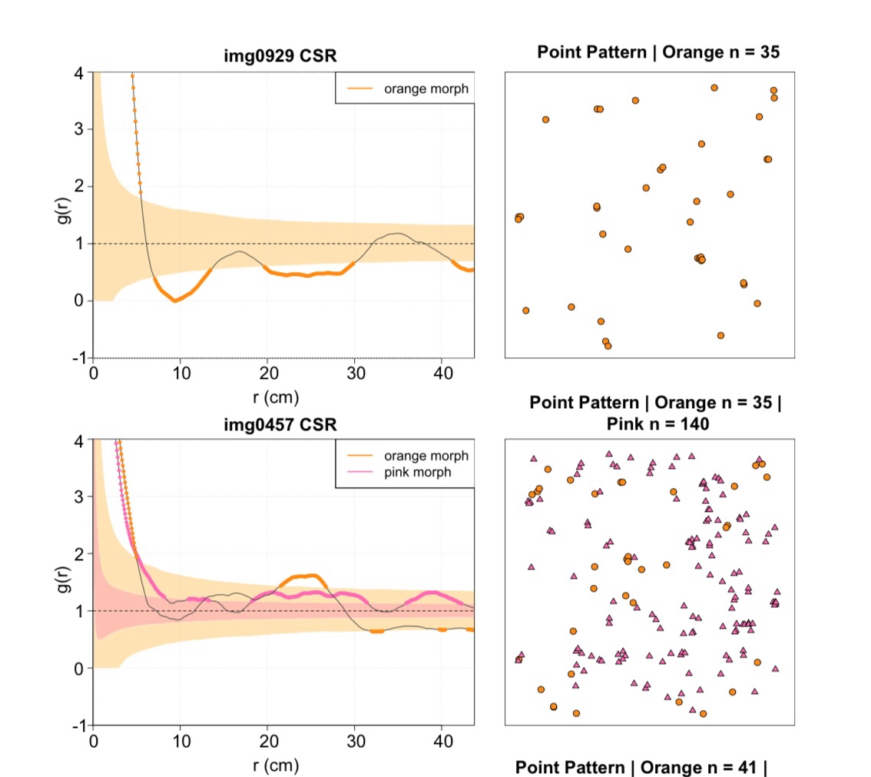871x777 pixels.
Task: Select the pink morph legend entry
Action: (x=417, y=472)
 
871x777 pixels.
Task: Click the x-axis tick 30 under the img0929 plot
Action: (x=354, y=373)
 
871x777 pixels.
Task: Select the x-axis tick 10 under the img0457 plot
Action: (x=180, y=740)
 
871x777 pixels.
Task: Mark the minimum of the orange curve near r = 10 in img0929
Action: (x=175, y=301)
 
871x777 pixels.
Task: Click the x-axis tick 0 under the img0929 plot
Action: (x=94, y=373)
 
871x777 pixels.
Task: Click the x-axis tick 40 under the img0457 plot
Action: (x=441, y=740)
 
